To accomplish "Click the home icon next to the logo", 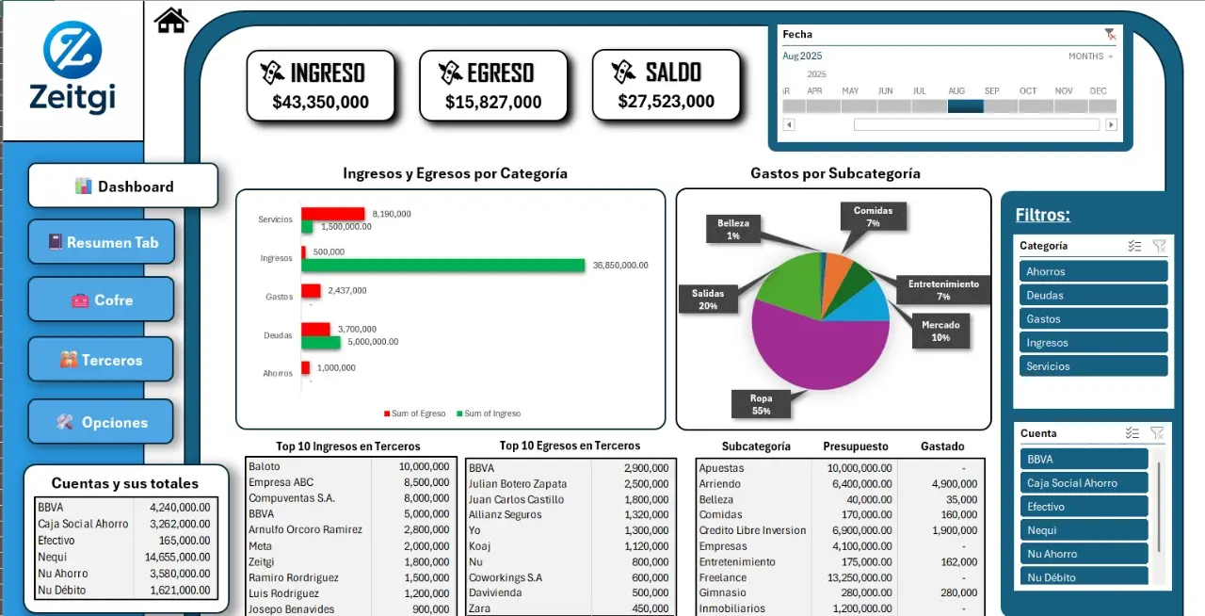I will tap(171, 20).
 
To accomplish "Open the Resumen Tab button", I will tap(102, 242).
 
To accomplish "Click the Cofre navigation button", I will tap(102, 300).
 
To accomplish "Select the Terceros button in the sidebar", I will tap(102, 360).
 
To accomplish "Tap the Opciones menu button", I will tap(102, 422).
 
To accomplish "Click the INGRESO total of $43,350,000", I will tap(320, 102).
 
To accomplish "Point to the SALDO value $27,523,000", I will tap(667, 101).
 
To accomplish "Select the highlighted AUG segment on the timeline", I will tap(965, 106).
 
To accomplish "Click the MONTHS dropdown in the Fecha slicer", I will tap(1090, 57).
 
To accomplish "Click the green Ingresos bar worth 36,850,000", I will tap(442, 266).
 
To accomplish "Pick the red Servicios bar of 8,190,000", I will tap(333, 214).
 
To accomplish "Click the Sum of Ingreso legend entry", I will tap(488, 413).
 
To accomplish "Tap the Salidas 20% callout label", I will tap(708, 300).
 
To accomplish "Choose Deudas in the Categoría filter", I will tap(1092, 295).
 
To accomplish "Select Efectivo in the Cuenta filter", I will tap(1084, 507).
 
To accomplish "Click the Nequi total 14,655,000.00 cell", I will tap(179, 557).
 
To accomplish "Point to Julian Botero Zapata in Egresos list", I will tap(518, 483).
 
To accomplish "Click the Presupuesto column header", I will tap(855, 446).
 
